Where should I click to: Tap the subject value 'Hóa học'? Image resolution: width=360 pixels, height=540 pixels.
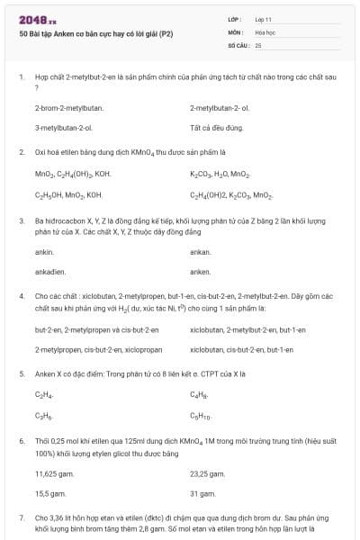point(265,31)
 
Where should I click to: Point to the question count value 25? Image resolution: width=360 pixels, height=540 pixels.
point(258,44)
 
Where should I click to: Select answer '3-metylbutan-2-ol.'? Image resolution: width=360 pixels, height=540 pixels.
point(64,128)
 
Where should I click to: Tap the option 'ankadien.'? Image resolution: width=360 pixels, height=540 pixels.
point(50,271)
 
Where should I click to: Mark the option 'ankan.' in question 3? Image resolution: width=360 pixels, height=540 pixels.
point(200,251)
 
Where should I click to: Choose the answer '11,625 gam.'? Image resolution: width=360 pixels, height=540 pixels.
point(55,472)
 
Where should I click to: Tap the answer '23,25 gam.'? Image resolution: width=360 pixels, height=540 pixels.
point(208,472)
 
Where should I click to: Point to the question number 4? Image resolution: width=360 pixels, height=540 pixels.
point(21,295)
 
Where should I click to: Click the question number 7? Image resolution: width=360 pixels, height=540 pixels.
point(21,518)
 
